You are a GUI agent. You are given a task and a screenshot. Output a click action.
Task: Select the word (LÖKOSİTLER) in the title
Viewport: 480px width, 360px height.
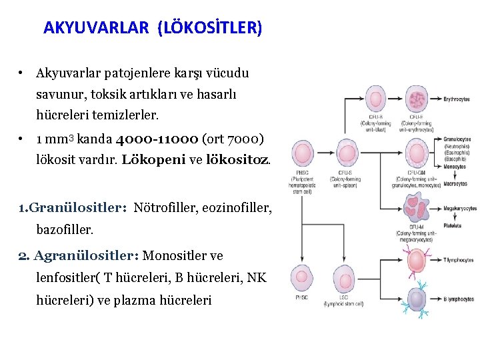[x=210, y=28]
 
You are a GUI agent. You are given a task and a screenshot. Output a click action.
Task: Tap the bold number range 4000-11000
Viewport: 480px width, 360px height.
[x=156, y=140]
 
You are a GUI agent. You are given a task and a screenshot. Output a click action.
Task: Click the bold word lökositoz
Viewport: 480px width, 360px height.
[x=239, y=160]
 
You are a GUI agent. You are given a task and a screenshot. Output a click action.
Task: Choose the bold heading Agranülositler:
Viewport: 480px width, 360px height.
[x=86, y=255]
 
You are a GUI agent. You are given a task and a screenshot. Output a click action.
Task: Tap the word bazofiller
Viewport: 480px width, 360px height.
[x=65, y=229]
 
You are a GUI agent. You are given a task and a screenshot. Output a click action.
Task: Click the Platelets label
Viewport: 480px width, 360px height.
[x=454, y=225]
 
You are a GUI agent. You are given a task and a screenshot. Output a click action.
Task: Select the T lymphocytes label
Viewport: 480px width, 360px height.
[x=460, y=261]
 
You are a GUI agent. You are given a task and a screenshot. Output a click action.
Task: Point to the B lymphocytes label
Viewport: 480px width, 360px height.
[x=460, y=300]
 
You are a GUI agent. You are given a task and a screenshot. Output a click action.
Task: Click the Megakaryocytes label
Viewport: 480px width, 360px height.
[x=460, y=208]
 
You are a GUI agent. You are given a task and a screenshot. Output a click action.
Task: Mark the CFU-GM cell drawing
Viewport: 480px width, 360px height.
[x=417, y=154]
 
